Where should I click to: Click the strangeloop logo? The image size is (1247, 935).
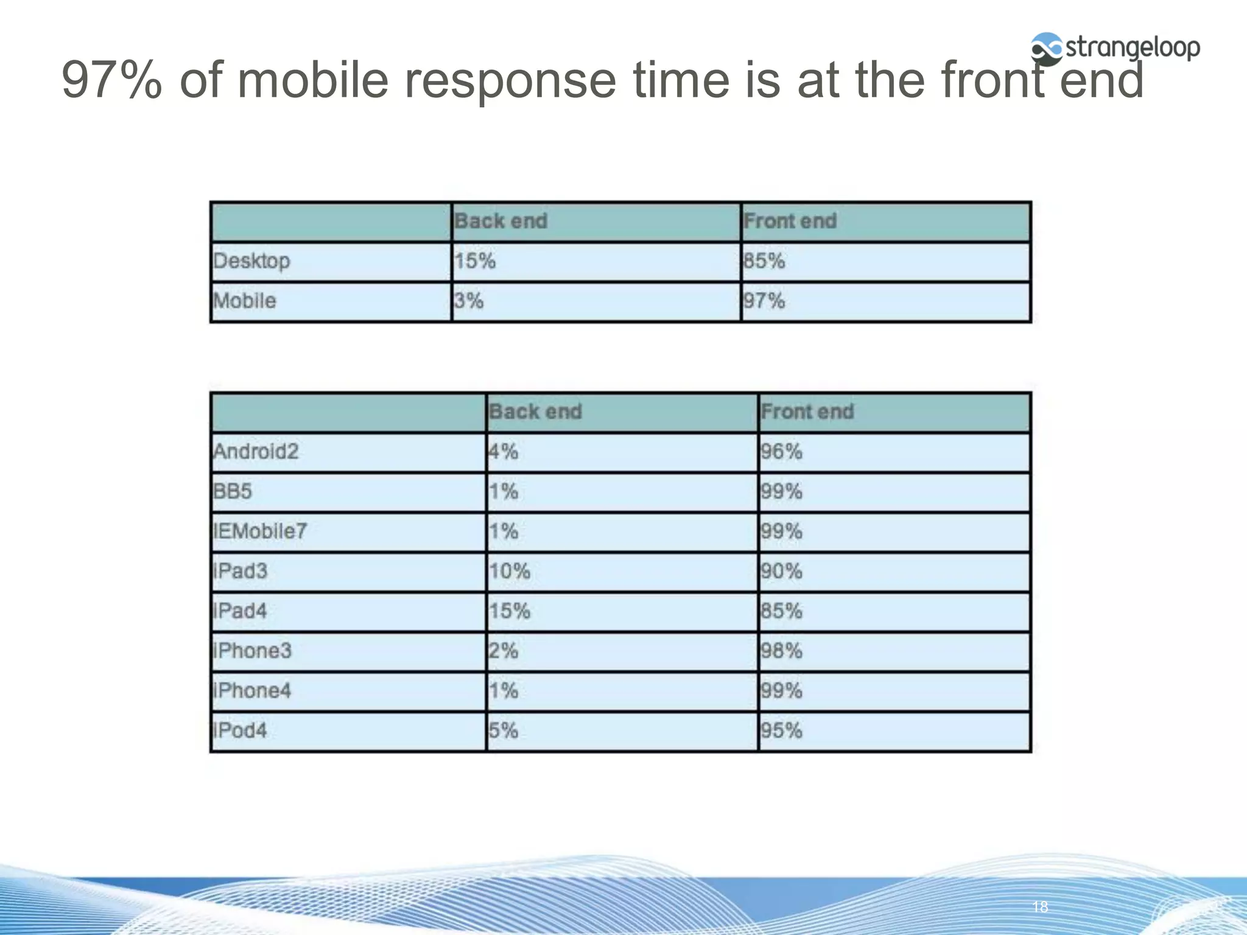click(x=1114, y=47)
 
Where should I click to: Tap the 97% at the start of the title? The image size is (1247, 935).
click(x=112, y=80)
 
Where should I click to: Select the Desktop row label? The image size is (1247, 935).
click(x=251, y=261)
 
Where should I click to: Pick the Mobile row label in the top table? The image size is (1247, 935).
click(x=245, y=301)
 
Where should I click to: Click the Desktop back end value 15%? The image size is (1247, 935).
click(x=475, y=261)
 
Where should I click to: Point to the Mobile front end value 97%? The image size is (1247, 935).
click(x=764, y=301)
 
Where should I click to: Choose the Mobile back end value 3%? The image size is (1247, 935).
click(x=469, y=301)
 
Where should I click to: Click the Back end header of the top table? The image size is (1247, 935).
click(x=501, y=221)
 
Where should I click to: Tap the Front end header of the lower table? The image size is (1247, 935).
click(x=807, y=411)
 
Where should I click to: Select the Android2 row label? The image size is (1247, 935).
click(x=256, y=452)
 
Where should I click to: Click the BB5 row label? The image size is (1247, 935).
click(x=233, y=491)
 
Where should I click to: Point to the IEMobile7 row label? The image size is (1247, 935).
click(x=261, y=531)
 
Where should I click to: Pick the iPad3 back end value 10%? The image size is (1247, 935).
click(x=510, y=571)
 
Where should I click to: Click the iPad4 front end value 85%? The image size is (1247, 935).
click(x=782, y=611)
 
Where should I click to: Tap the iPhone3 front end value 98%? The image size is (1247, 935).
click(x=782, y=651)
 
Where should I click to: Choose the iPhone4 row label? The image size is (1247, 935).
click(x=252, y=690)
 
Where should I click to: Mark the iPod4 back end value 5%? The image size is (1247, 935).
click(x=504, y=730)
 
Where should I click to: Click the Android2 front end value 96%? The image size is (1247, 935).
click(x=782, y=452)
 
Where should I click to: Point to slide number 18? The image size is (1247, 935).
click(x=1040, y=907)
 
